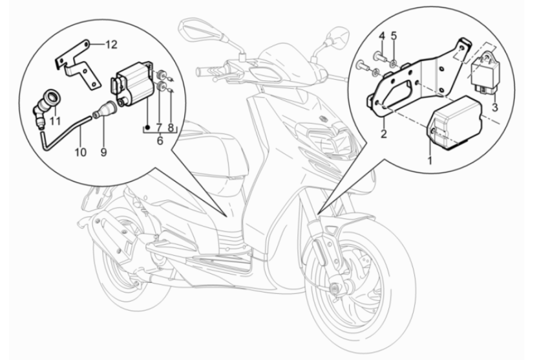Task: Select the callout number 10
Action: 80,152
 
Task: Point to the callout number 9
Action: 103,152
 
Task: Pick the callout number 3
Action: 494,107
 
